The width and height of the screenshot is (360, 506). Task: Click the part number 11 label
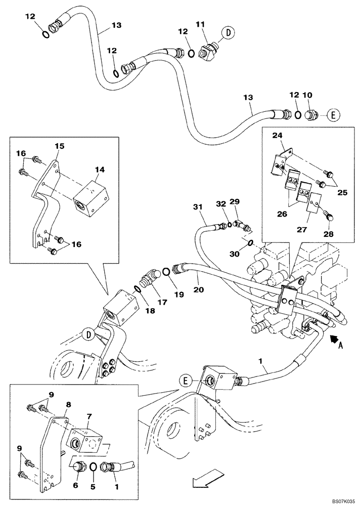(x=200, y=24)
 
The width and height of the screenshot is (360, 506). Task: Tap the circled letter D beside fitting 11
(x=229, y=33)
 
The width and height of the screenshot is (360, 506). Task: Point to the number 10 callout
(x=308, y=95)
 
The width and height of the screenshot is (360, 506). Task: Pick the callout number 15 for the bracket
(x=59, y=146)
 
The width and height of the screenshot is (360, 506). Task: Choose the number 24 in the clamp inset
(x=277, y=135)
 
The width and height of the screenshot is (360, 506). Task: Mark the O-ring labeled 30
(x=251, y=245)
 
